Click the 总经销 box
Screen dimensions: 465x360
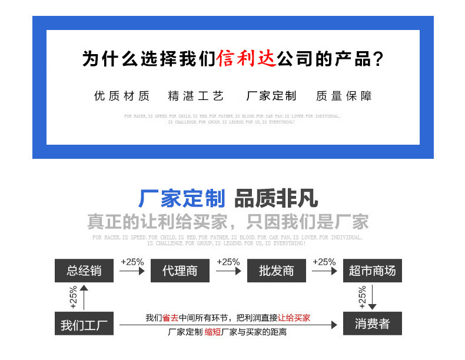click(x=84, y=271)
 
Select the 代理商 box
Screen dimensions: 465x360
click(x=180, y=271)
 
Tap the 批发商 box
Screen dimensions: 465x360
click(x=276, y=271)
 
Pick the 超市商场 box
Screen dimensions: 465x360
click(x=372, y=271)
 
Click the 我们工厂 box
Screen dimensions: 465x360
click(x=84, y=324)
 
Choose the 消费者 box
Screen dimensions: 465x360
click(x=372, y=324)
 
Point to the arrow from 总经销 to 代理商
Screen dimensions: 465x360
click(x=132, y=271)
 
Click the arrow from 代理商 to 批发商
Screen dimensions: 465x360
click(x=228, y=271)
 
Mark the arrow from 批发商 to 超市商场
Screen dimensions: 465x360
click(x=324, y=271)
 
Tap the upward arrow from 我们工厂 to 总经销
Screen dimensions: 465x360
click(x=84, y=297)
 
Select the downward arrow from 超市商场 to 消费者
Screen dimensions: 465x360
click(x=372, y=297)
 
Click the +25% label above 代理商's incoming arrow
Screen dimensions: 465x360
click(x=132, y=262)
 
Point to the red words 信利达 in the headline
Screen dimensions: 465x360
click(x=247, y=59)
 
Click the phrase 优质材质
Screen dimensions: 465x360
click(x=122, y=96)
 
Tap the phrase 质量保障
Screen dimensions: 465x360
click(x=344, y=96)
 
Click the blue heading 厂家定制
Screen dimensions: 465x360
click(x=181, y=199)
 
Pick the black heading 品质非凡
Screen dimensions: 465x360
click(x=276, y=199)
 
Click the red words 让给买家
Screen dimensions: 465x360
click(x=294, y=318)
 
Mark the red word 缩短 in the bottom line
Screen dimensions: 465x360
click(x=212, y=332)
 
